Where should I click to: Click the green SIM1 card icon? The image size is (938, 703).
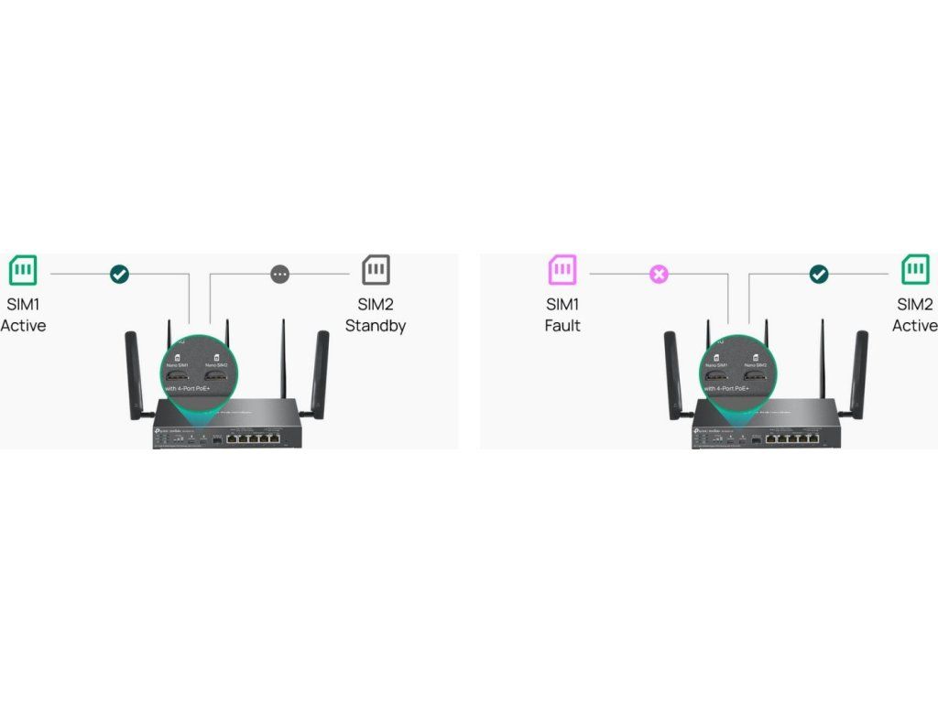[x=23, y=271]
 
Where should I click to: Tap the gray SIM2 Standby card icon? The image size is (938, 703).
[x=376, y=270]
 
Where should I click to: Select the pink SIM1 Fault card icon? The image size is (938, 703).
[x=562, y=271]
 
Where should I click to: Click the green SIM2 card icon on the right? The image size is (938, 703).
[x=915, y=270]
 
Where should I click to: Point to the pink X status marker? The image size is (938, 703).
[x=658, y=274]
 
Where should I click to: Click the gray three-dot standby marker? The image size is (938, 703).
[x=280, y=274]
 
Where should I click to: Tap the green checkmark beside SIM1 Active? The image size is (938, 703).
[x=119, y=274]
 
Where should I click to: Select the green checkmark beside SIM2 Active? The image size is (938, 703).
[x=819, y=274]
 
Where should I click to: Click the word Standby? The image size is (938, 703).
[x=376, y=326]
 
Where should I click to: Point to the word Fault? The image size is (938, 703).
[x=562, y=326]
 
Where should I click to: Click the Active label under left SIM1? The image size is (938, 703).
[x=23, y=326]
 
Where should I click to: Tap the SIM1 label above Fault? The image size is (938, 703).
[x=562, y=305]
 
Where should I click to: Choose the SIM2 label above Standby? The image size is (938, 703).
[x=376, y=305]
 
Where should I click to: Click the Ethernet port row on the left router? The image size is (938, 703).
[x=254, y=438]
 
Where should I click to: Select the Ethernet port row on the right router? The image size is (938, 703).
[x=792, y=438]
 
